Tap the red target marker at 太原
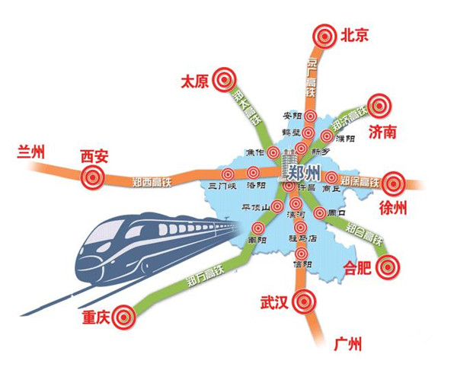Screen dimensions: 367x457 [x=223, y=78]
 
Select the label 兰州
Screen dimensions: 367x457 [x=31, y=152]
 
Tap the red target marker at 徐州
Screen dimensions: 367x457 [x=392, y=183]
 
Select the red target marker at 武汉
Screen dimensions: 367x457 [x=305, y=300]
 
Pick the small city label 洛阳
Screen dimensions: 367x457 [x=256, y=186]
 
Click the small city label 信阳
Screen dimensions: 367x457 [x=302, y=264]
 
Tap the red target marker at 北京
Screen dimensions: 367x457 [x=325, y=34]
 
